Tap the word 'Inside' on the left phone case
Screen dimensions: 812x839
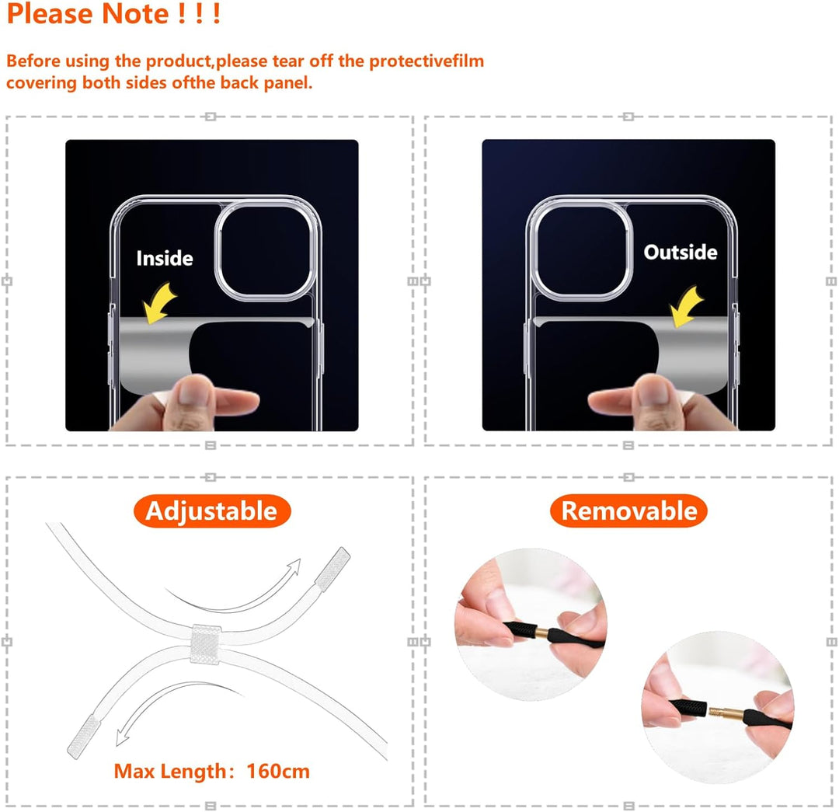165,259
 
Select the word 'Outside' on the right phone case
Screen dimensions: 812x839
680,253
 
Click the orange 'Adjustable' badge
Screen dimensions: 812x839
211,511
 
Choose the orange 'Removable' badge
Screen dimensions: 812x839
628,511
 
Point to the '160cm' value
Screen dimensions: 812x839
278,772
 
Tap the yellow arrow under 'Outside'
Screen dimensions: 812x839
686,305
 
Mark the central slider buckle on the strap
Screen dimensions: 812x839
207,643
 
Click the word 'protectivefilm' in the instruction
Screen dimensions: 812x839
426,61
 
